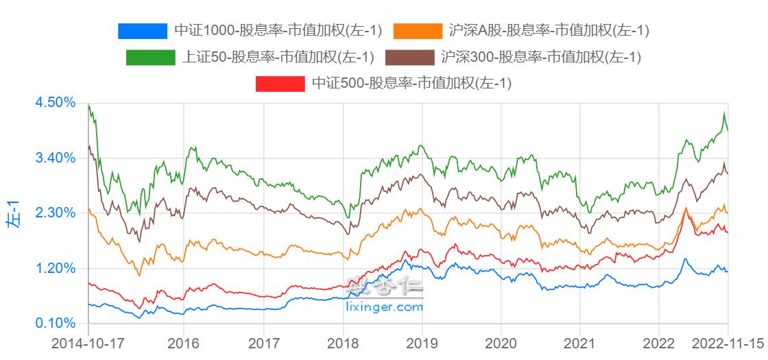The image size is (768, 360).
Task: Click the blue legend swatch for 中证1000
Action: pyautogui.click(x=143, y=31)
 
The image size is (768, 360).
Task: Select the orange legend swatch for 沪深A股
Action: pyautogui.click(x=418, y=31)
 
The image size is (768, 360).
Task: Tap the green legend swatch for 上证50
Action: pyautogui.click(x=150, y=58)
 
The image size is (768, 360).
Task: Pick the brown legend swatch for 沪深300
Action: pyautogui.click(x=410, y=58)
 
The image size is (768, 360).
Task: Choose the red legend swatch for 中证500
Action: pyautogui.click(x=280, y=84)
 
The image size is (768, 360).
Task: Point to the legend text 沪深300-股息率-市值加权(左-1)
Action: pyautogui.click(x=541, y=58)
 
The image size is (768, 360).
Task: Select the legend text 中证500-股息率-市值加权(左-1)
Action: pyautogui.click(x=411, y=84)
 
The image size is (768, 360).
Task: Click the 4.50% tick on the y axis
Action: pyautogui.click(x=54, y=102)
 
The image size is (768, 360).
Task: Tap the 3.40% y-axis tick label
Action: pyautogui.click(x=54, y=158)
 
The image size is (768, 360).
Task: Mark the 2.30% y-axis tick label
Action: pyautogui.click(x=54, y=213)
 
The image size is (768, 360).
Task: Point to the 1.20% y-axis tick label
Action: pyautogui.click(x=54, y=268)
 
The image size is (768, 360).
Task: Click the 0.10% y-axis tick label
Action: pyautogui.click(x=54, y=323)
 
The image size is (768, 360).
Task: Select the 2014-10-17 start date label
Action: pyautogui.click(x=88, y=343)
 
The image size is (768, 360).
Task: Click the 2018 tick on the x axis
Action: pyautogui.click(x=343, y=343)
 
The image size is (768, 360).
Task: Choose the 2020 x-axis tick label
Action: pyautogui.click(x=501, y=343)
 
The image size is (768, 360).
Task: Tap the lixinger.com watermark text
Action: pyautogui.click(x=385, y=307)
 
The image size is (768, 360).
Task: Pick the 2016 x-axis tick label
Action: pyautogui.click(x=184, y=343)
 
